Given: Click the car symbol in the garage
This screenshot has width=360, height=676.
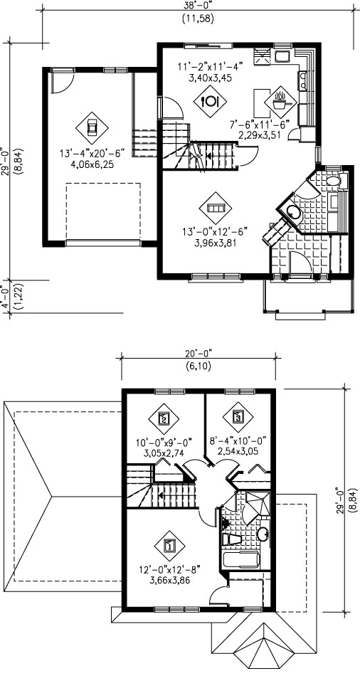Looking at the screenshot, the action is [92, 127].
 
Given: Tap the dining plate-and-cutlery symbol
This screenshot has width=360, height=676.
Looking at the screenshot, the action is [210, 101].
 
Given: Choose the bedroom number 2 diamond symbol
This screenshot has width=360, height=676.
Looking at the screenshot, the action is [164, 418].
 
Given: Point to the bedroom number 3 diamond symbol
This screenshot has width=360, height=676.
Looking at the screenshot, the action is [238, 417].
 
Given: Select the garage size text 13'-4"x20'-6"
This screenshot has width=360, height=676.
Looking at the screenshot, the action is [92, 153].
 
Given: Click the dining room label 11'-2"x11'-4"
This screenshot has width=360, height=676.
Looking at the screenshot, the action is [211, 66].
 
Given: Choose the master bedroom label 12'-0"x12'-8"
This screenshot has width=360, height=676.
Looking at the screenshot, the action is [169, 571].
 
